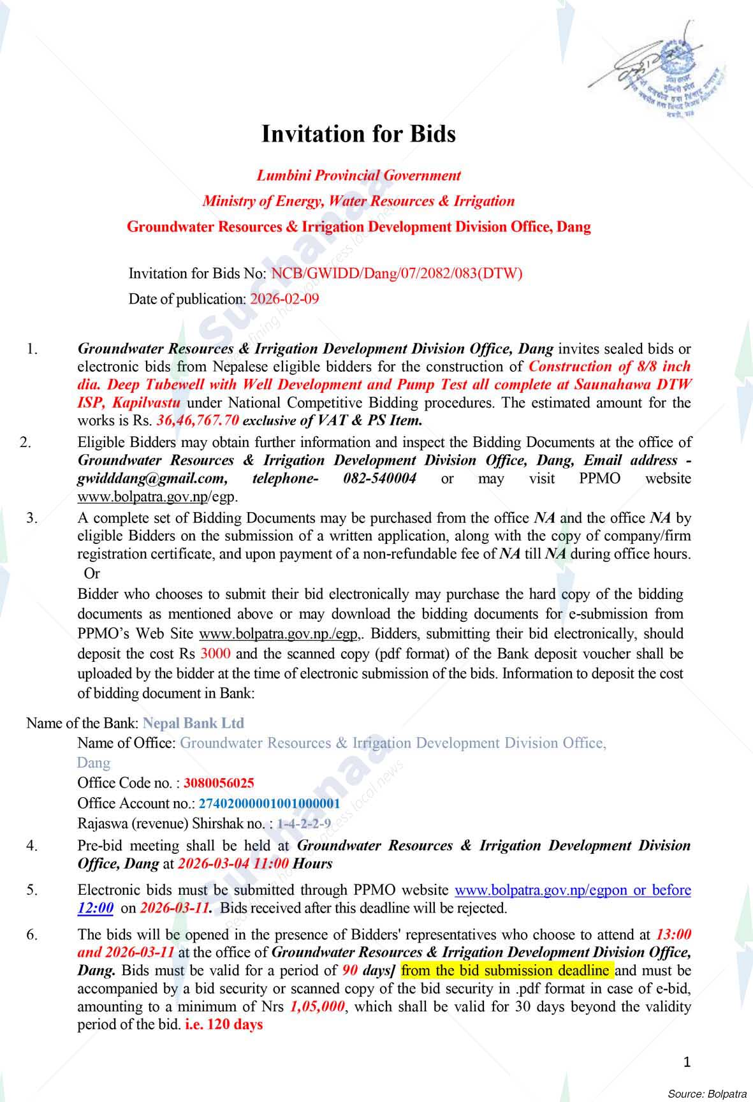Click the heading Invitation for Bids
pos(359,134)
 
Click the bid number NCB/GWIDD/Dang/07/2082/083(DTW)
pos(397,274)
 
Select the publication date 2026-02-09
pos(284,298)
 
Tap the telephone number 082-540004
pos(379,478)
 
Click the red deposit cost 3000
pos(216,654)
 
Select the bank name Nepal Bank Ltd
pos(194,723)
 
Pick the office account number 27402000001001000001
pos(269,803)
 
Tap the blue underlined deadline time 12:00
pos(96,907)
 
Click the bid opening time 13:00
pos(673,934)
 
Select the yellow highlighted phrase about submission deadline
pos(507,971)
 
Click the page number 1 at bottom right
pos(687,1061)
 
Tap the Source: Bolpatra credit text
pos(706,1093)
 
